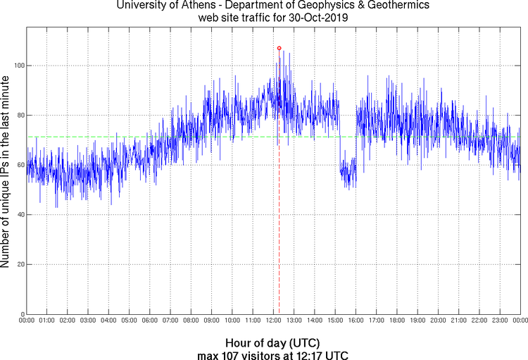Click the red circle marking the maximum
(x=279, y=48)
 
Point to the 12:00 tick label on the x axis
(x=273, y=321)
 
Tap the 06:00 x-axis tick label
(x=150, y=321)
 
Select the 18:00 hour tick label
(x=397, y=321)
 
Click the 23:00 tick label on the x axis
(x=500, y=321)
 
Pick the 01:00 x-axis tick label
(x=47, y=321)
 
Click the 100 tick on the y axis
(x=16, y=66)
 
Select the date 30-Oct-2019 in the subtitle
(x=313, y=17)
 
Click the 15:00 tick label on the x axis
(x=335, y=321)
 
